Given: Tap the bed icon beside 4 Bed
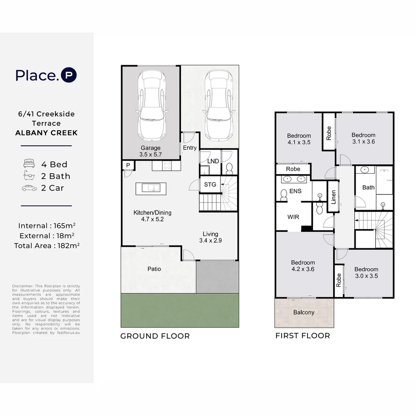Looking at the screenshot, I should pyautogui.click(x=29, y=164).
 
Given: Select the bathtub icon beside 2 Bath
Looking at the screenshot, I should pyautogui.click(x=29, y=176).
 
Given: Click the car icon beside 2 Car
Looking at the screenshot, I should pyautogui.click(x=29, y=188).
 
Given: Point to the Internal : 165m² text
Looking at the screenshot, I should pyautogui.click(x=46, y=226).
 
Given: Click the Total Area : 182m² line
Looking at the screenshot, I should pyautogui.click(x=46, y=245).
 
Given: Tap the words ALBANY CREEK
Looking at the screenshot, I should pyautogui.click(x=46, y=133).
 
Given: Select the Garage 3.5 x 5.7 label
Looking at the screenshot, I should pyautogui.click(x=150, y=151).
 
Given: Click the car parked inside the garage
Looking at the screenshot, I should pyautogui.click(x=151, y=106).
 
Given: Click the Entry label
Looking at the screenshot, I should pyautogui.click(x=190, y=148).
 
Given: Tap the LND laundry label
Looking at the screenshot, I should pyautogui.click(x=213, y=161).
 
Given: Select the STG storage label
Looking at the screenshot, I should pyautogui.click(x=210, y=185).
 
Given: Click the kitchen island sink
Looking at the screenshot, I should pyautogui.click(x=151, y=188).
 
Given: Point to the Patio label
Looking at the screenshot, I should pyautogui.click(x=154, y=269).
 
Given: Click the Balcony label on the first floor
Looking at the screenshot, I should pyautogui.click(x=304, y=312).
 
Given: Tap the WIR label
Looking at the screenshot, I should pyautogui.click(x=293, y=217).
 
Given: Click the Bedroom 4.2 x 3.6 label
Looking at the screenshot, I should pyautogui.click(x=302, y=266).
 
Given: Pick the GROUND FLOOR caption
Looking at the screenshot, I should pyautogui.click(x=155, y=336).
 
